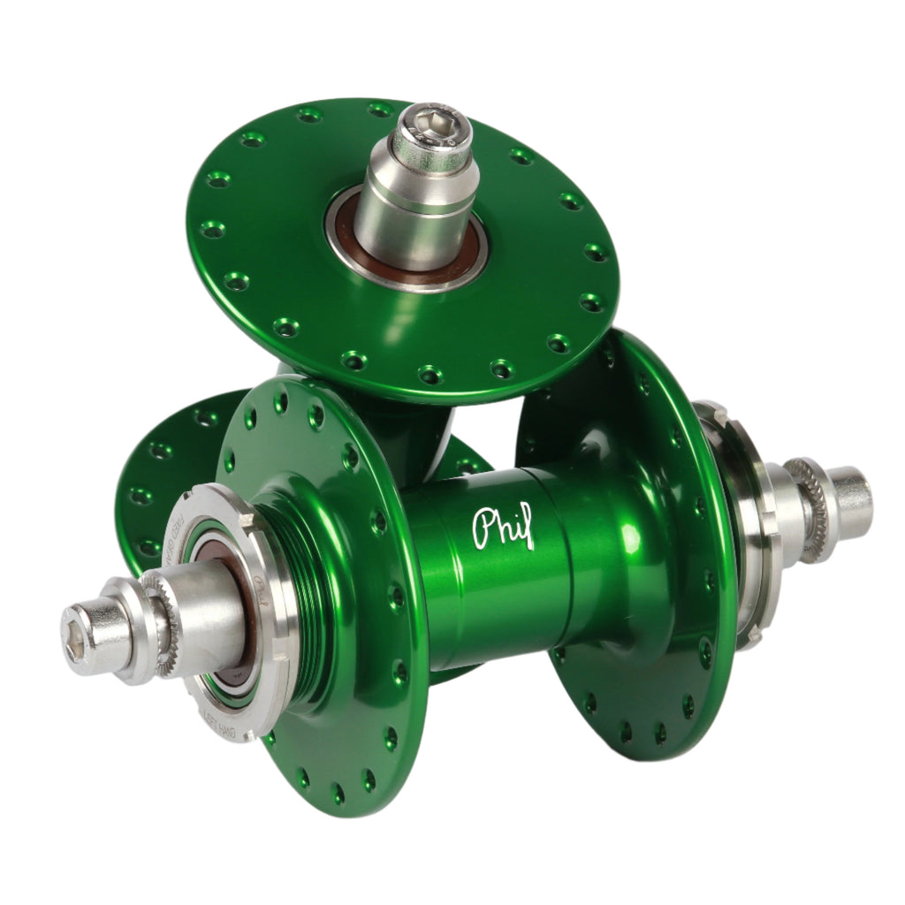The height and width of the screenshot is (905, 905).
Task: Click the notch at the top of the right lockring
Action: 707,409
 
